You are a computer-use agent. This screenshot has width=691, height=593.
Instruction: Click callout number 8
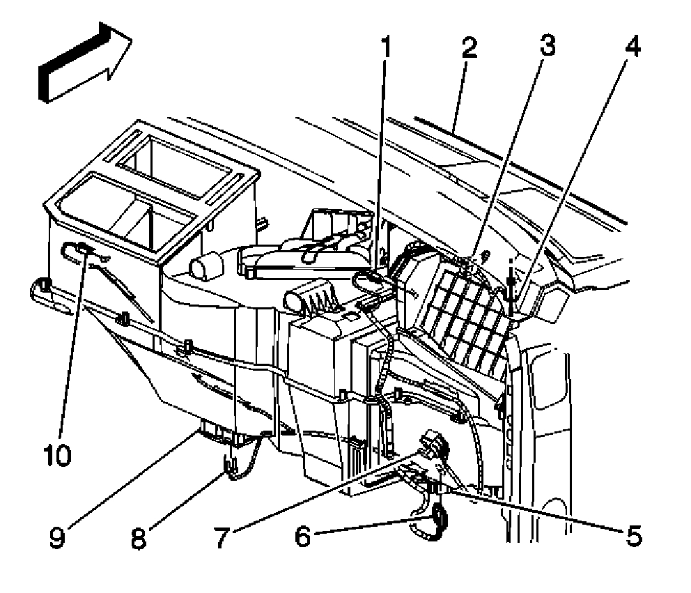click(x=139, y=537)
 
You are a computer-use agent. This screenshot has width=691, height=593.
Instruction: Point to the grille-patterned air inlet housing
click(x=460, y=307)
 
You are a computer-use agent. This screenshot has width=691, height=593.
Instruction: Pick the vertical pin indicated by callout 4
click(x=512, y=289)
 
